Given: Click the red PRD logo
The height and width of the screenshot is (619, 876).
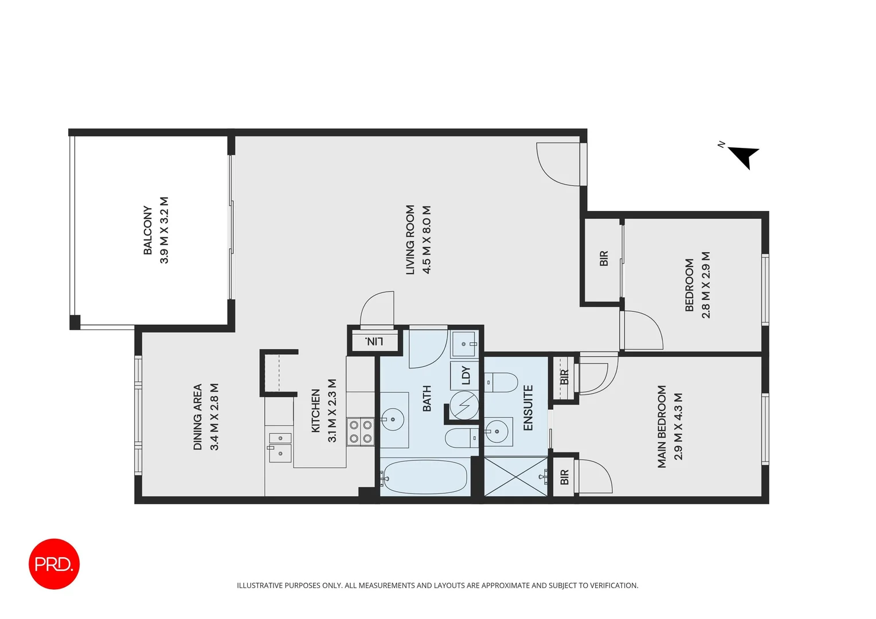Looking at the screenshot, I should coord(54,564).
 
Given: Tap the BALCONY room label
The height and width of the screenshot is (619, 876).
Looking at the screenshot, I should coord(148,230).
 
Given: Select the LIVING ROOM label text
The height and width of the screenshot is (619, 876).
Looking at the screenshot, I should coord(410,240).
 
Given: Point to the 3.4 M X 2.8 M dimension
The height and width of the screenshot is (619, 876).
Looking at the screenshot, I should coord(215,417).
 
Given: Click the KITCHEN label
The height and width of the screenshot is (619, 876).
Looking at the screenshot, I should coord(315,410).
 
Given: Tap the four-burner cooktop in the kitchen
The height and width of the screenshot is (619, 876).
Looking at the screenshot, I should coord(361,432).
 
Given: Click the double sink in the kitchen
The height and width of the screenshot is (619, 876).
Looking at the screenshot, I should coord(280,446).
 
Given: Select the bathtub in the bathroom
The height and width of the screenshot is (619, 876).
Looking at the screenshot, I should coord(425,477).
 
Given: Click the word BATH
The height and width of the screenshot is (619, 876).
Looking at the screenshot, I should coord(427,398).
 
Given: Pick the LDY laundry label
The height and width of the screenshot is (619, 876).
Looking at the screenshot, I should coord(466,375).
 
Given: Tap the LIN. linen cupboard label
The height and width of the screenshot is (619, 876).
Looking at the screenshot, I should coord(374,342).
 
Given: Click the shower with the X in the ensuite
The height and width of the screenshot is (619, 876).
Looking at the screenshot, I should coord(516,476).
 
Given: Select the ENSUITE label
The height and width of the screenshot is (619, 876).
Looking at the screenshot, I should coord(528,408).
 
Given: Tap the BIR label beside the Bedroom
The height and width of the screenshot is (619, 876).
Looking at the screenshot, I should coord(604,258).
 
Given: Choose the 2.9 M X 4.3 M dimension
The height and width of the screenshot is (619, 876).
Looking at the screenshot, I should coord(679,426).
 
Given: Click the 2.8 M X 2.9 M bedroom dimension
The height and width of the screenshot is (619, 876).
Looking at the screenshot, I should coord(706,285).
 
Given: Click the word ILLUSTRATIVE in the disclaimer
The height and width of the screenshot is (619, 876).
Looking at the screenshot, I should coord(260,585).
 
